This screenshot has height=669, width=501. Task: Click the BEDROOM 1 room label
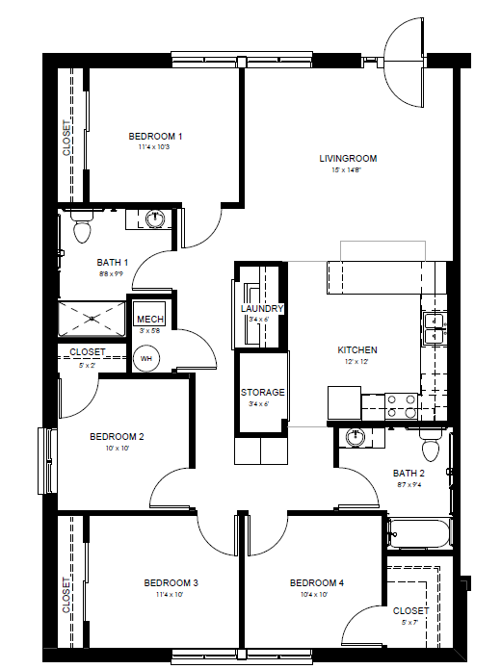(155, 137)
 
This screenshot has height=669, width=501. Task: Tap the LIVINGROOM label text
(348, 158)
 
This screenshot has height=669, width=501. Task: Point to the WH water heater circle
(147, 359)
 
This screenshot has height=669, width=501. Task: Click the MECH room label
(149, 320)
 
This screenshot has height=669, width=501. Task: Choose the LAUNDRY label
(261, 308)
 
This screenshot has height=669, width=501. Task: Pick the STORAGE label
(262, 392)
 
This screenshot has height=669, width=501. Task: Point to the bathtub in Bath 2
(418, 534)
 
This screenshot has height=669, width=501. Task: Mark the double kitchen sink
(433, 328)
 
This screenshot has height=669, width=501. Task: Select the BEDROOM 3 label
(171, 582)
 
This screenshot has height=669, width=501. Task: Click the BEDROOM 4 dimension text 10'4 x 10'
(316, 595)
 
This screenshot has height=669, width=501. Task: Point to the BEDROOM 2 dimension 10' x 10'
(117, 449)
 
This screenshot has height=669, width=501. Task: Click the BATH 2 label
(409, 473)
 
